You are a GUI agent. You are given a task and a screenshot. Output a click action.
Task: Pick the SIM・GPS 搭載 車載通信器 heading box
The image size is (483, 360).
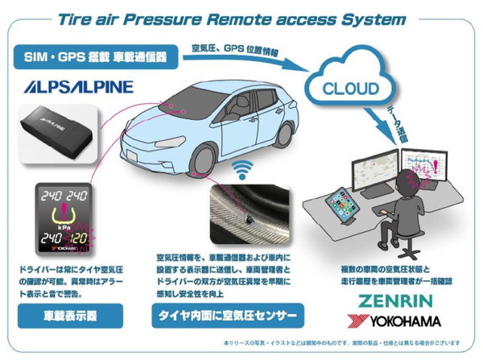point(95,58)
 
